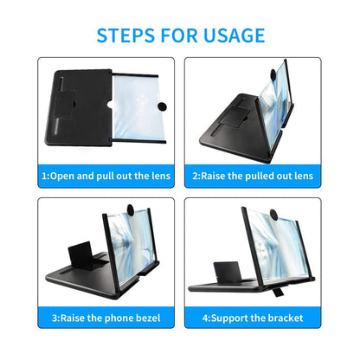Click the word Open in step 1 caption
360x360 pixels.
coord(67,176)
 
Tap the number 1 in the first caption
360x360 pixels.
coord(44,176)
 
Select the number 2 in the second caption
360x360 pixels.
coord(194,176)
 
